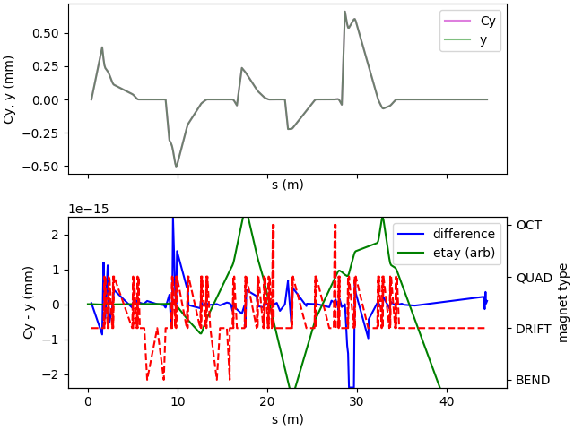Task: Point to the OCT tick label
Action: coord(529,225)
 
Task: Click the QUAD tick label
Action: coord(535,277)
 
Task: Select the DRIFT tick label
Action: coord(535,329)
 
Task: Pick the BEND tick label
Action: coord(533,380)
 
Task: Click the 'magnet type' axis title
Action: coord(563,303)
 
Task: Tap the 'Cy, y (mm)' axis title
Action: coord(10,88)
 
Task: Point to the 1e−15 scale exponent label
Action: coord(90,209)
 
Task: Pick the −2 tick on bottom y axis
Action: coord(54,374)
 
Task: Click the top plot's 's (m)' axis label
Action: coord(287,185)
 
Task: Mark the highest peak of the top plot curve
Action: coord(344,12)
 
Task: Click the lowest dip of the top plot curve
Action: coord(177,166)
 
